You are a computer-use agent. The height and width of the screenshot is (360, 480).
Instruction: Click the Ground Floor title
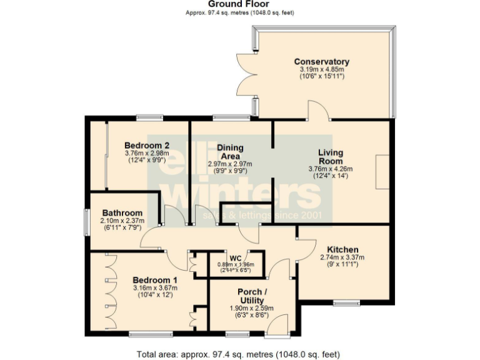click(240, 4)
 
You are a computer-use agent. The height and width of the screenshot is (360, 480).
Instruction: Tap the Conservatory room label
click(321, 61)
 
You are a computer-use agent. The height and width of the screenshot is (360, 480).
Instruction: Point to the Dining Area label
click(230, 152)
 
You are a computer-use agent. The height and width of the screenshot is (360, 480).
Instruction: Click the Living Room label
click(331, 156)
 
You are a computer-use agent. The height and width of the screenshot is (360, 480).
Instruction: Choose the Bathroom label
click(122, 212)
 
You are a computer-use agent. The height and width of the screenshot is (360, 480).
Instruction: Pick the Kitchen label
click(342, 249)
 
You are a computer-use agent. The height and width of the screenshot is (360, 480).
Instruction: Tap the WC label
click(236, 257)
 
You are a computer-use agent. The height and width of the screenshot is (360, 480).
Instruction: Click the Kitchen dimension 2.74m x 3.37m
click(342, 257)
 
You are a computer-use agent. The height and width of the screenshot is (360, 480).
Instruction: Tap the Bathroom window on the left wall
click(87, 221)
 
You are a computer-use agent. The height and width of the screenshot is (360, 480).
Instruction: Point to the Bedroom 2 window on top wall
click(150, 117)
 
